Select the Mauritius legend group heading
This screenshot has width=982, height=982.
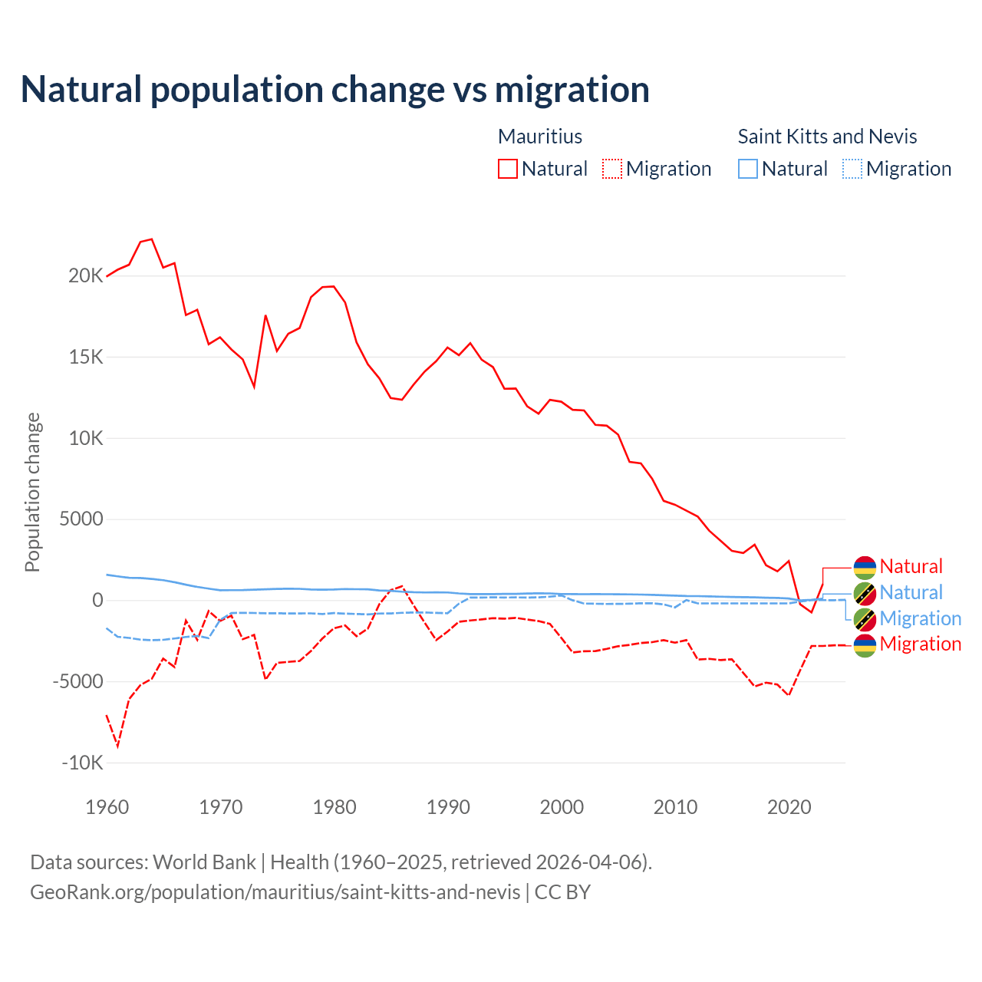click(x=540, y=137)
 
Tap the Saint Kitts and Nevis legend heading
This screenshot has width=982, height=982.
click(x=827, y=137)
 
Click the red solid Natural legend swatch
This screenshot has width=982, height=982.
click(x=508, y=169)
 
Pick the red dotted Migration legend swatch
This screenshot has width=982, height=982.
click(x=612, y=169)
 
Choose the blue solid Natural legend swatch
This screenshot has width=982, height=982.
click(x=748, y=169)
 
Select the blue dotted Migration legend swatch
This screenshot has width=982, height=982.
click(x=852, y=169)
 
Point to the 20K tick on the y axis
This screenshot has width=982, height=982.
click(x=85, y=275)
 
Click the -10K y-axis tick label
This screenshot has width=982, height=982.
click(x=82, y=763)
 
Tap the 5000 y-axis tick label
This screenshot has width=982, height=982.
click(x=81, y=519)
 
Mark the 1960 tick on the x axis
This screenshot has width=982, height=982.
click(x=107, y=807)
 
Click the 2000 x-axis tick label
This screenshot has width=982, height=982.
click(x=562, y=807)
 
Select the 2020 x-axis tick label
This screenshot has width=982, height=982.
click(x=789, y=807)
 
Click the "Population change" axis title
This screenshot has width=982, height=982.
click(x=32, y=492)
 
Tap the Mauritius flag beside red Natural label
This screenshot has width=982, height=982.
click(x=865, y=567)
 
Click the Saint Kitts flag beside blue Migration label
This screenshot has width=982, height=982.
click(x=865, y=619)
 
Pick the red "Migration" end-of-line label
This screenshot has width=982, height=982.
click(x=920, y=644)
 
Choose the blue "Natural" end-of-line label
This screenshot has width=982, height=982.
click(x=911, y=593)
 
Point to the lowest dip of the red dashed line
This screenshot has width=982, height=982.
click(x=117, y=746)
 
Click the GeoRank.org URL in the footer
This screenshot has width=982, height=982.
click(x=275, y=892)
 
